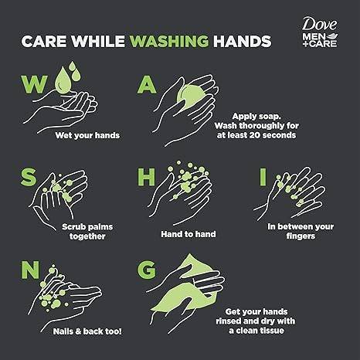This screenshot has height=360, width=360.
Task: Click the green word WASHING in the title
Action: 169,41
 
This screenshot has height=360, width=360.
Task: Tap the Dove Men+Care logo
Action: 320,32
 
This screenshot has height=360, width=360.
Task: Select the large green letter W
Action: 35,84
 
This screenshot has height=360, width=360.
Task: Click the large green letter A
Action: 147,84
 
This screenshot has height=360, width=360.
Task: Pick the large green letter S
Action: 29,177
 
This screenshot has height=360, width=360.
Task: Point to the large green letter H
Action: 146,177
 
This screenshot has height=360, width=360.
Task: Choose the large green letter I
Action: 263,177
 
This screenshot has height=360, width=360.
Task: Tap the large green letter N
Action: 30,270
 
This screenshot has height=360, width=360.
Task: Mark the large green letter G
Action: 147,270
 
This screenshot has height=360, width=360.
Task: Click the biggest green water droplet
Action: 61,80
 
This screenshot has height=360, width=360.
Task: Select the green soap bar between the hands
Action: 191,97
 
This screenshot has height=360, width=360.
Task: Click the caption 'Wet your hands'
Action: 87,135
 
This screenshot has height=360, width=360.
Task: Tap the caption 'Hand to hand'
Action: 188,234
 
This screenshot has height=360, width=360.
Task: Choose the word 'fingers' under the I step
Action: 301,236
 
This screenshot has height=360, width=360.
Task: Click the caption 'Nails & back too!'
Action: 87,331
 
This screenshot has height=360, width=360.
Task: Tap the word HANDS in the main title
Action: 242,41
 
